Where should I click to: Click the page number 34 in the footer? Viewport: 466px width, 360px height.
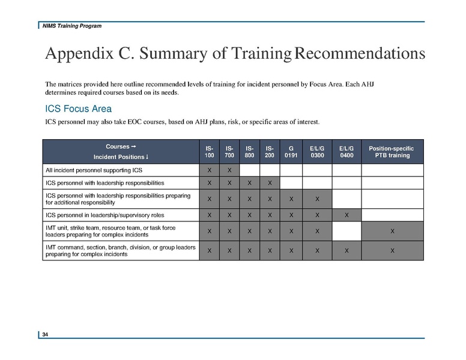point(45,334)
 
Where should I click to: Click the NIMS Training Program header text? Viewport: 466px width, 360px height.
point(71,26)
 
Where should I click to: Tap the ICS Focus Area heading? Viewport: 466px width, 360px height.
point(79,109)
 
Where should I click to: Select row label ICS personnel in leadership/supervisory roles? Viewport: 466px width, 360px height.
point(104,215)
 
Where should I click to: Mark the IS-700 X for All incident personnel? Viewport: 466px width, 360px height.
point(229,170)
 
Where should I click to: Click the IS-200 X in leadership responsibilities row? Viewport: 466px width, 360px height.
point(270,182)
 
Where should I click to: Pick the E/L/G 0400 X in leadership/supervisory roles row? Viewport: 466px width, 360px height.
point(346,215)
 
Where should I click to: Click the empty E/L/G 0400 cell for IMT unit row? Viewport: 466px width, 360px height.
point(346,231)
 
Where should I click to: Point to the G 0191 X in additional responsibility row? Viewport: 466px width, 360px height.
point(291,199)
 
